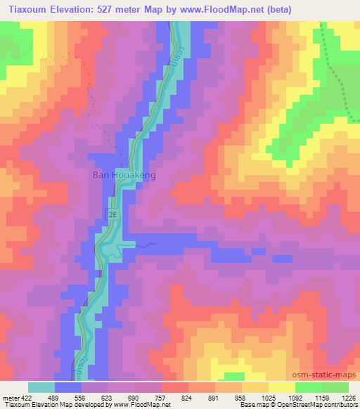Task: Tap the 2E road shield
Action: [x=112, y=212]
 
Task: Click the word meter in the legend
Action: [x=11, y=397]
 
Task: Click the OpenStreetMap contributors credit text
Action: [x=327, y=405]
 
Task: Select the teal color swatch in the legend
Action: [x=41, y=387]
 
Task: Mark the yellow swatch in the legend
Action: [x=282, y=387]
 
